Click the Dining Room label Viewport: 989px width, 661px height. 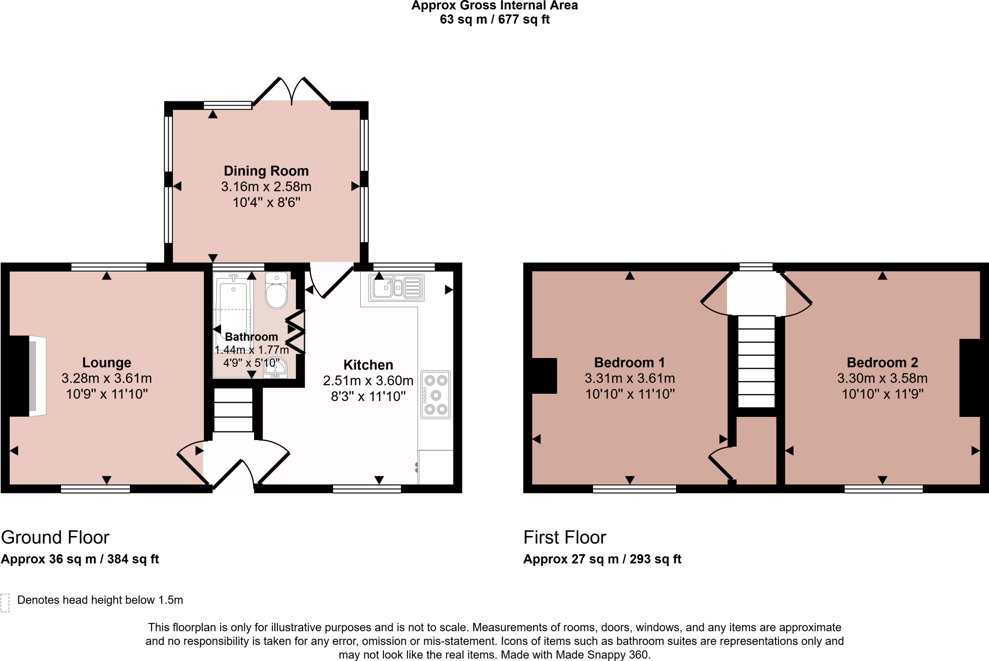(266, 171)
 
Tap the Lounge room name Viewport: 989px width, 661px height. (107, 363)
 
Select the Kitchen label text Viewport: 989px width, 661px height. (368, 365)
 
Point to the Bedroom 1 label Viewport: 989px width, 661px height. (630, 362)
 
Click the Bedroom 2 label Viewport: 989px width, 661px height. (882, 362)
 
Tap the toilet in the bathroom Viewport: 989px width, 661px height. (276, 291)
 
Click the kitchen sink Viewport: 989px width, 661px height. (396, 288)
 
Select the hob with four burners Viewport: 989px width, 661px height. (436, 395)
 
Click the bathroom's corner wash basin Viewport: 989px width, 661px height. (275, 368)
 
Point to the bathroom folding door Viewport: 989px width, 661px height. (296, 332)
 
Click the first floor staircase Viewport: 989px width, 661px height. (756, 361)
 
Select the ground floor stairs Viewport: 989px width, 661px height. (233, 410)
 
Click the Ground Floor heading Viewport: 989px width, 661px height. (55, 537)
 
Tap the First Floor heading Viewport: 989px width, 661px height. (565, 537)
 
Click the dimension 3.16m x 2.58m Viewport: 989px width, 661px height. (266, 187)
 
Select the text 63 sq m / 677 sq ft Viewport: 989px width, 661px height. (494, 20)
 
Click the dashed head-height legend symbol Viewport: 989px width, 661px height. (5, 603)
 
